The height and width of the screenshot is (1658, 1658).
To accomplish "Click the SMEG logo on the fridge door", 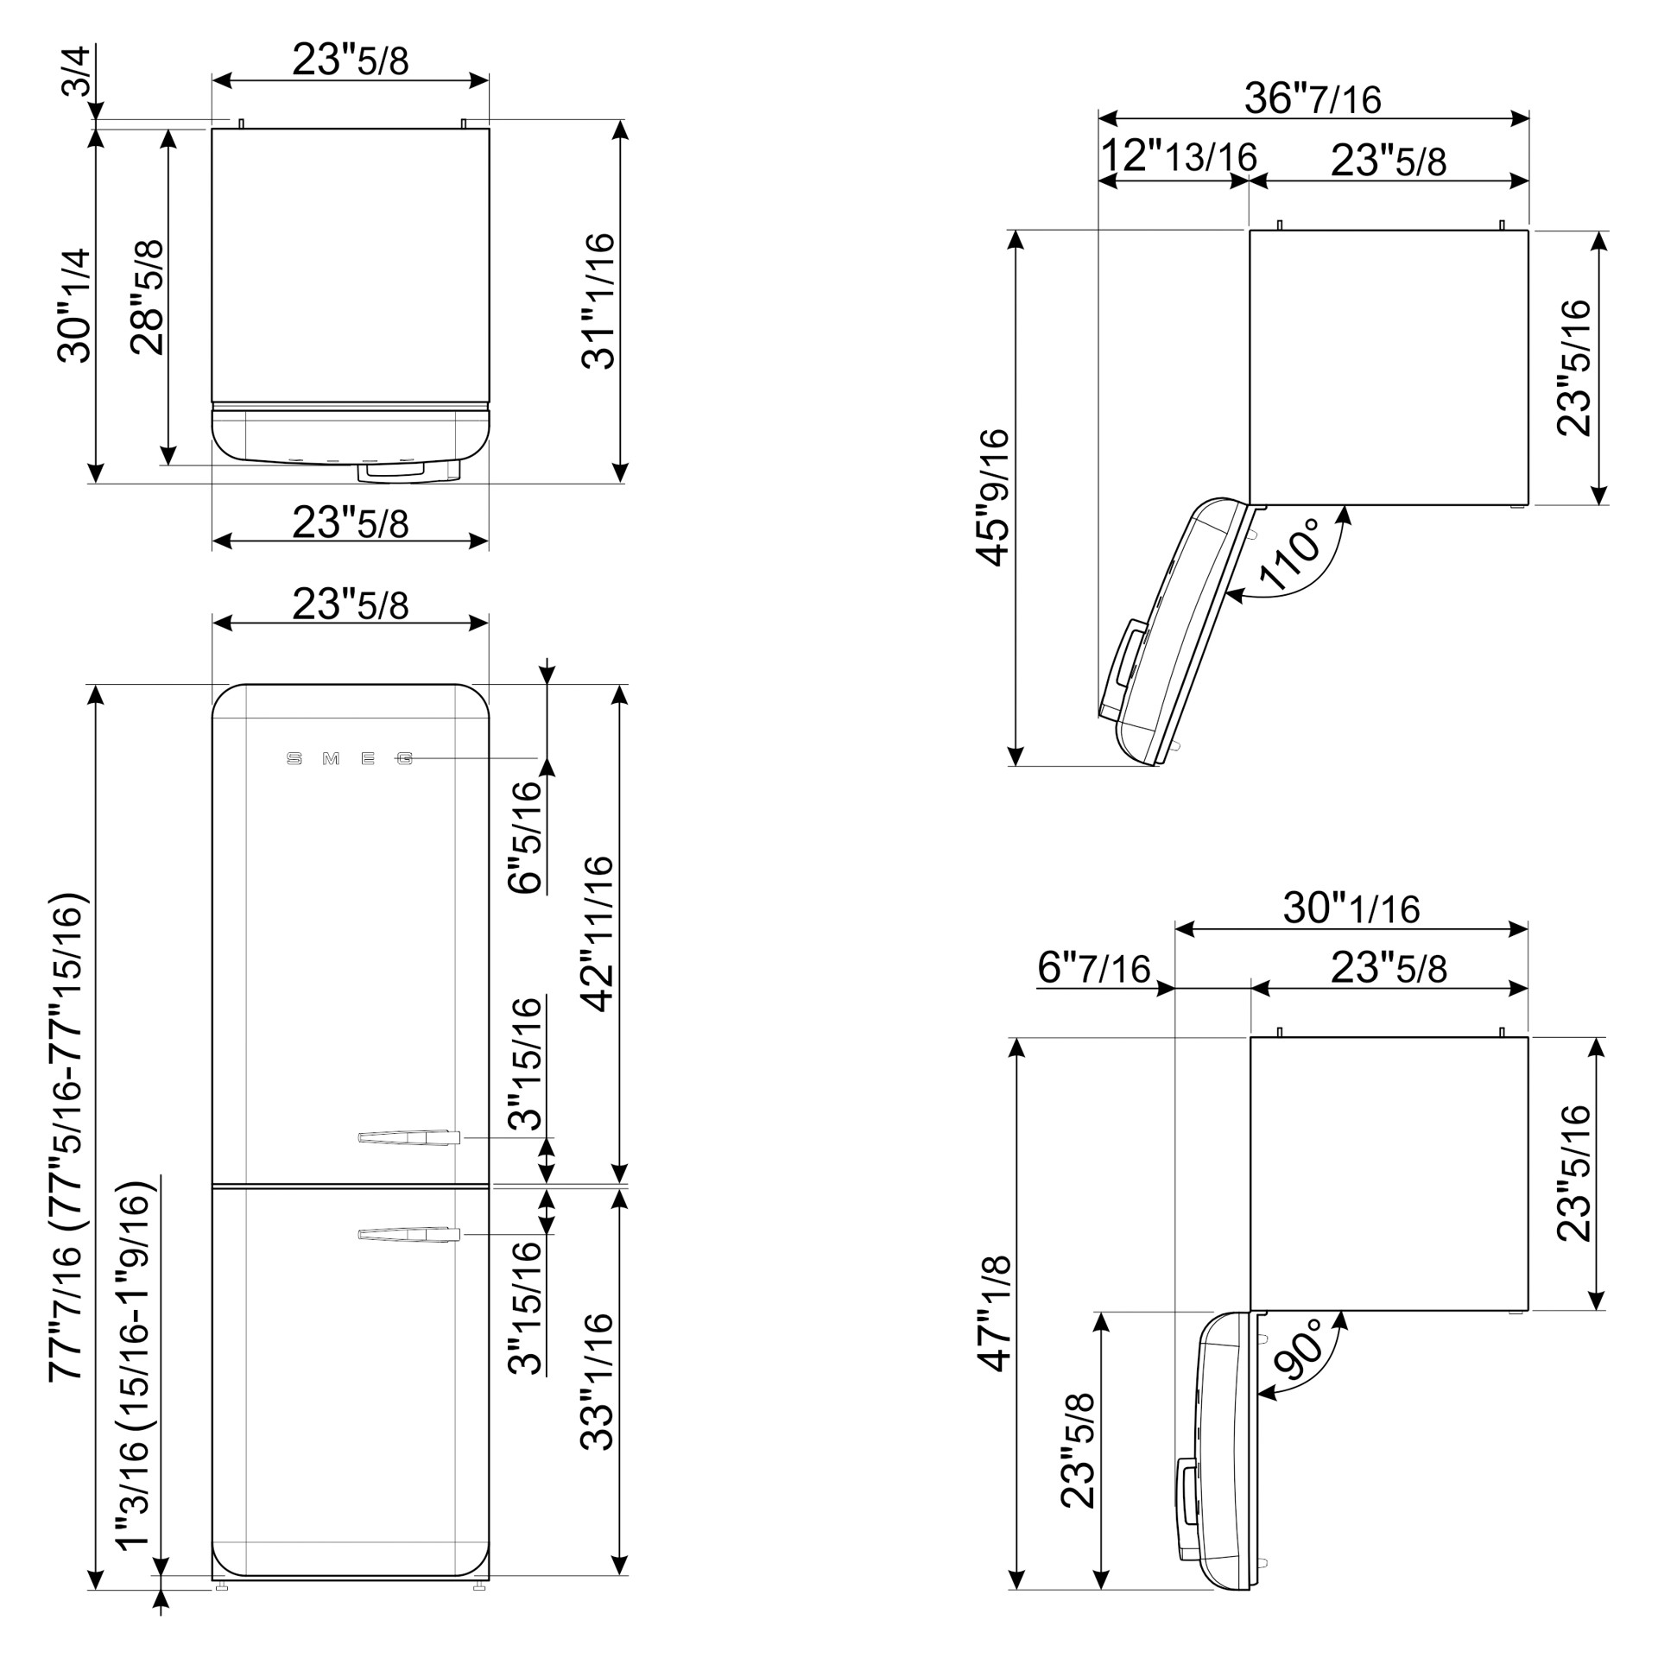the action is pos(350,759).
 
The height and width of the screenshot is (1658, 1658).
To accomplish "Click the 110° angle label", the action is pos(1289,554).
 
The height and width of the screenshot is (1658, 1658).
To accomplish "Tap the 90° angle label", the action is pos(1298,1349).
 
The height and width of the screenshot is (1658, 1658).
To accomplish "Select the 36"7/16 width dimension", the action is pos(1313,98).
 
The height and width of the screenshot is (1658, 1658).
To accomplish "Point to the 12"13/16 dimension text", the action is pos(1178,156).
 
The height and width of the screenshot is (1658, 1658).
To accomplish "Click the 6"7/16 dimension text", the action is pos(1094,968).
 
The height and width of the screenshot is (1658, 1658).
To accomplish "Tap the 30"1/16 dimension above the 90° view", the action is pos(1351,908).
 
